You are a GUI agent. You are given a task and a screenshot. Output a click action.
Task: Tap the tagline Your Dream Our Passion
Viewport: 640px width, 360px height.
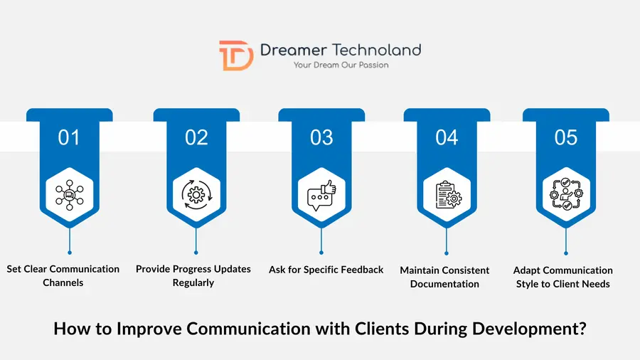point(341,65)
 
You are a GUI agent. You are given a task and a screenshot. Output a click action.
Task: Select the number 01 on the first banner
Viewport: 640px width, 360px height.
point(69,137)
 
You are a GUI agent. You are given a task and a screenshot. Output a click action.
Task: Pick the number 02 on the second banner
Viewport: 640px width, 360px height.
point(196,137)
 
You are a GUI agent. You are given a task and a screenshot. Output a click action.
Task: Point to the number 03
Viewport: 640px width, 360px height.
point(321,137)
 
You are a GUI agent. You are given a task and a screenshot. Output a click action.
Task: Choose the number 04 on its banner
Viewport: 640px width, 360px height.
point(447,137)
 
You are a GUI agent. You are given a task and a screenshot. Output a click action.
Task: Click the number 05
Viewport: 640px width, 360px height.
point(566,137)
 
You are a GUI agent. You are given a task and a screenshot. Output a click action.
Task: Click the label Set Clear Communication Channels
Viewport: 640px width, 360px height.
point(63,276)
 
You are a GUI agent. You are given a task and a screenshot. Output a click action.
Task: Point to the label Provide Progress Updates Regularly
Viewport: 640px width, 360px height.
point(193,276)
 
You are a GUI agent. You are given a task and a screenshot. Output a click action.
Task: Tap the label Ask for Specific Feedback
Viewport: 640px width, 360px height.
point(326,270)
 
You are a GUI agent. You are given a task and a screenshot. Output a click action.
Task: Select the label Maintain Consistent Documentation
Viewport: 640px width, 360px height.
point(444,277)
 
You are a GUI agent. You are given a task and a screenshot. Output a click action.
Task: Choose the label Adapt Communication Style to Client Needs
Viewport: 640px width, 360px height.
point(562,277)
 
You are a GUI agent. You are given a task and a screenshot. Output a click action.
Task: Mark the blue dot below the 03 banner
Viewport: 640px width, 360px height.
point(321,253)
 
